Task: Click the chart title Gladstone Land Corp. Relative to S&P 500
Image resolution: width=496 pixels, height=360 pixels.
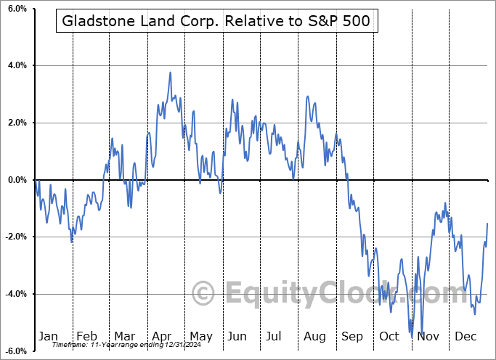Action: point(216,22)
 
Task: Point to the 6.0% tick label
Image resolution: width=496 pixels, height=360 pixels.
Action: point(17,9)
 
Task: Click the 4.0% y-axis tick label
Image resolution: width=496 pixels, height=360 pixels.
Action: point(17,66)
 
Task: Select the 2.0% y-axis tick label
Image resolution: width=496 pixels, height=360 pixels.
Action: point(17,123)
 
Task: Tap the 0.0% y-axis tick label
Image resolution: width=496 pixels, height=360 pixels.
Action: point(17,180)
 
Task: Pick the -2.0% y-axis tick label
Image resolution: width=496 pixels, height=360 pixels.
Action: point(15,237)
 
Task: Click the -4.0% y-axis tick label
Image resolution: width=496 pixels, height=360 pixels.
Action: point(15,294)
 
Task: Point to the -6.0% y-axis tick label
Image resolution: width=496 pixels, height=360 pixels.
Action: point(15,351)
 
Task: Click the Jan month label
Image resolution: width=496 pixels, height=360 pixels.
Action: point(48,336)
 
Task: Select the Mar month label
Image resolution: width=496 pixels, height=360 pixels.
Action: point(124,336)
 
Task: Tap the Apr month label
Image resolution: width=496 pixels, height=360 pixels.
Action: point(162,336)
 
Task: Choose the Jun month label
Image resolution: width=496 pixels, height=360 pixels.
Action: point(237,336)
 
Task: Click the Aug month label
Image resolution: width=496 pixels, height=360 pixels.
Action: point(314,336)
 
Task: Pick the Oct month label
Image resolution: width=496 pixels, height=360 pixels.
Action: point(390,336)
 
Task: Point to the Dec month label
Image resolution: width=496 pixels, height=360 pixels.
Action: point(466,336)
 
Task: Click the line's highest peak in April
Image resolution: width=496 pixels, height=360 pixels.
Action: point(170,73)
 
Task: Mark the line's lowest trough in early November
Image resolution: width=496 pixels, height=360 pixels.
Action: point(412,337)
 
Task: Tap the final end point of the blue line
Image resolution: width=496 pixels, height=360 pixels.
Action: point(487,224)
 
